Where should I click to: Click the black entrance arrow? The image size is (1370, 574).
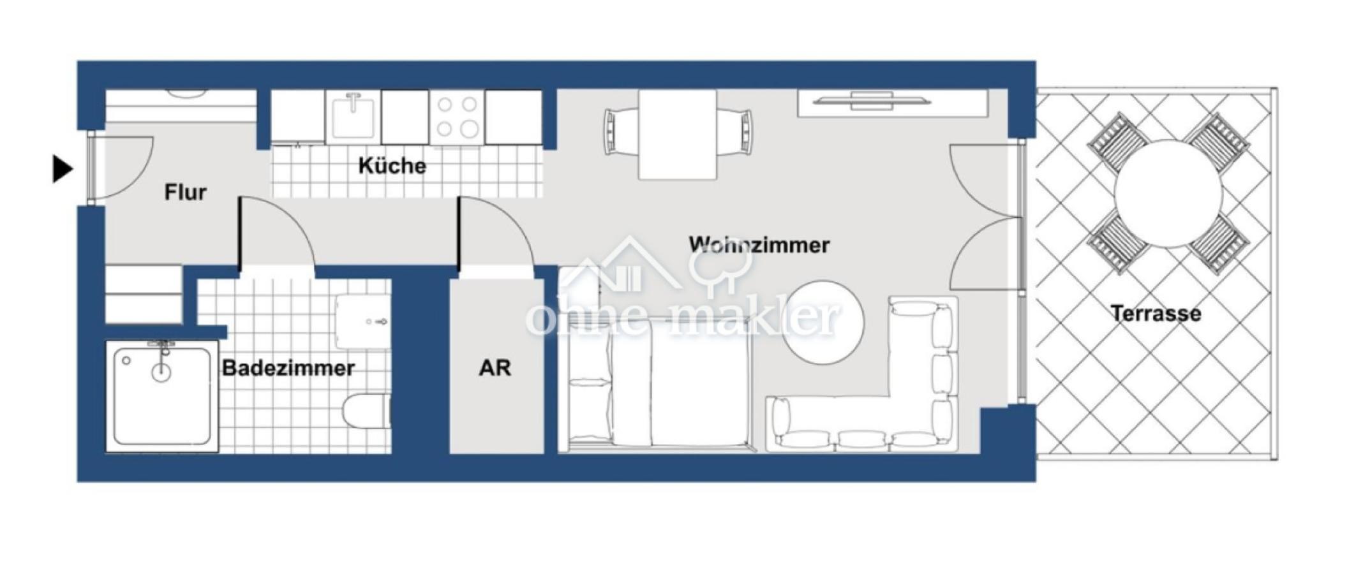tap(62, 169)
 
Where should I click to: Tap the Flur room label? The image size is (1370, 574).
tap(185, 192)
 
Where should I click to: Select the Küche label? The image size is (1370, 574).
tap(392, 166)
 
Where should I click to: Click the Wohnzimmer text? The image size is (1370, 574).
tap(759, 245)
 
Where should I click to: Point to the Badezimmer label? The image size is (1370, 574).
tap(288, 368)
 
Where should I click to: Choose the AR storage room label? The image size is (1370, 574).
tap(495, 368)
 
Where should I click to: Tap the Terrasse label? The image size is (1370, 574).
tap(1156, 313)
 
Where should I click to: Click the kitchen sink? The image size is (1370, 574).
tap(353, 117)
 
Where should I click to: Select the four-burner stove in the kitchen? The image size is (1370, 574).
tap(457, 117)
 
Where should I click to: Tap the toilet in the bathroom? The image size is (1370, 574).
tap(366, 410)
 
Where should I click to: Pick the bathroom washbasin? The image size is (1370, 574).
tap(362, 321)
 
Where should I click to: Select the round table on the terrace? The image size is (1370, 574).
tap(1168, 193)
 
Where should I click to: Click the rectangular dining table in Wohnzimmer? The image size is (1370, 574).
tap(677, 134)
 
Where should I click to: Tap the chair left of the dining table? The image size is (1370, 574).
tap(619, 131)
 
